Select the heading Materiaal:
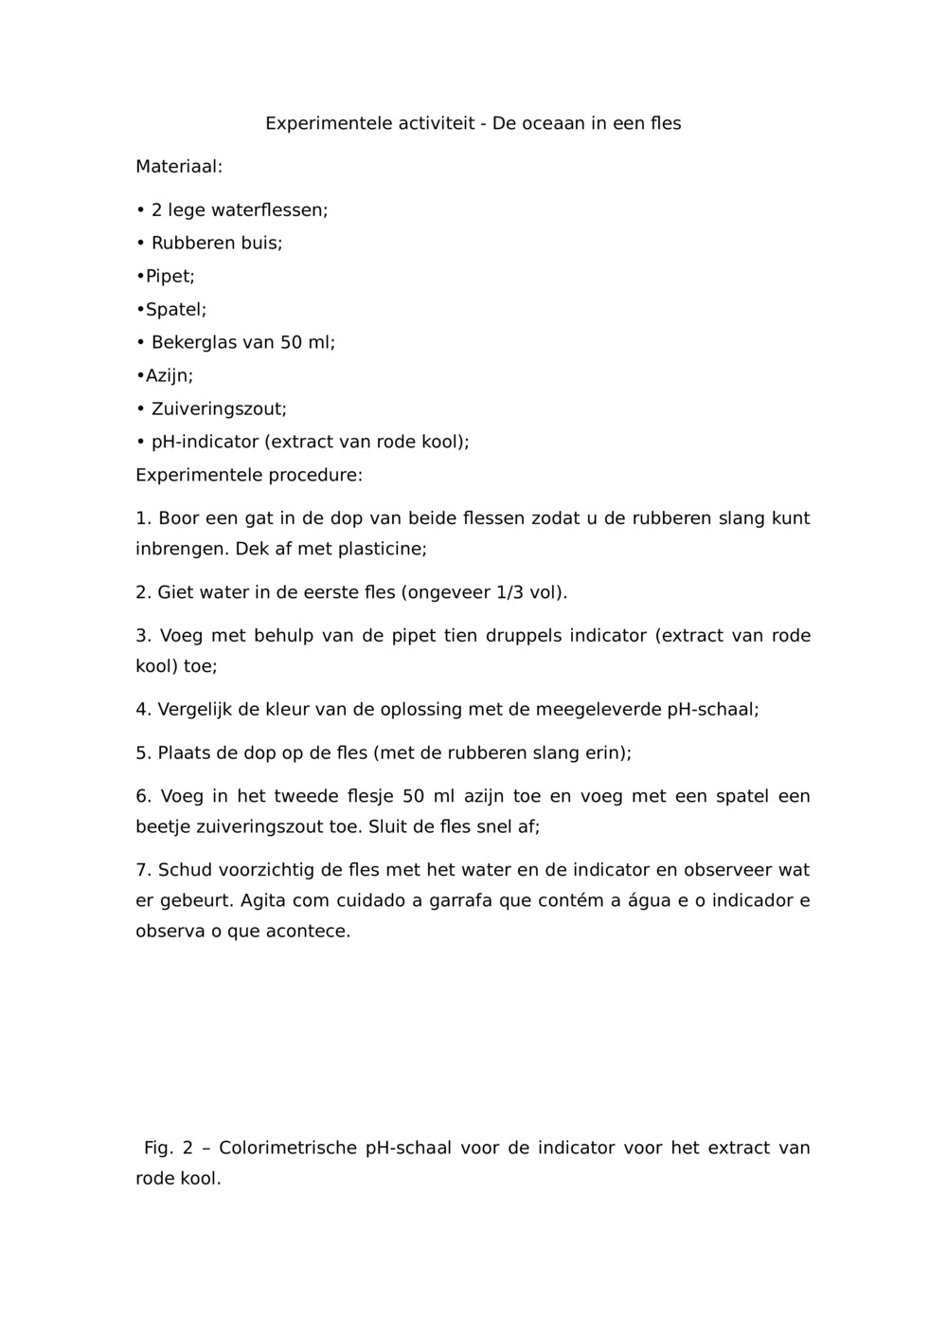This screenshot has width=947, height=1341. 179,167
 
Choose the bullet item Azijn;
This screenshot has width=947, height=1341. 168,375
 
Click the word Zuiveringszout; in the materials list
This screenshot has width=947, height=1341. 219,408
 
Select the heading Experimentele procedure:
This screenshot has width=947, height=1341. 249,475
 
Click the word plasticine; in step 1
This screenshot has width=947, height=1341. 383,549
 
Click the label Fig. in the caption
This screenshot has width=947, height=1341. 158,1148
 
